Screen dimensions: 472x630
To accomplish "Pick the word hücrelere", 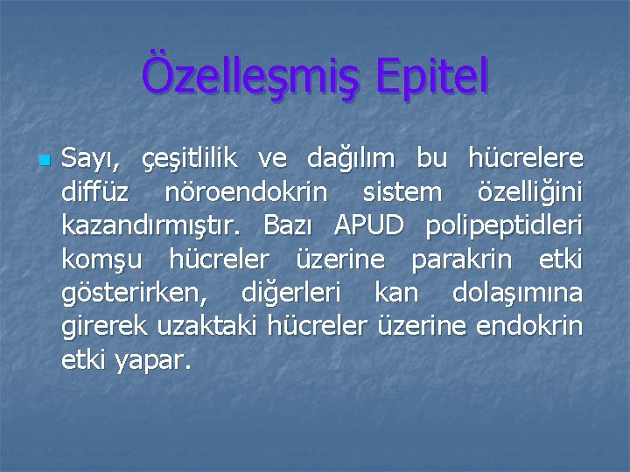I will (x=525, y=161).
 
